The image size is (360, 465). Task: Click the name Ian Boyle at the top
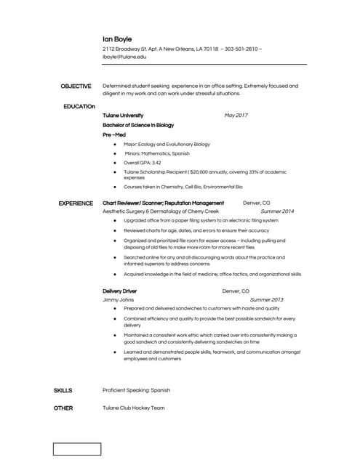[x=117, y=38]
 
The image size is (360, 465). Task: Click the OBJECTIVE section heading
[x=76, y=86]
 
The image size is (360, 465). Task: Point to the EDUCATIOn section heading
[x=79, y=106]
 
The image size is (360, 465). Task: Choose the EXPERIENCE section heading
[x=76, y=203]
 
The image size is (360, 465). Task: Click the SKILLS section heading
[x=63, y=390]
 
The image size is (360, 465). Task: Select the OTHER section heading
[x=63, y=408]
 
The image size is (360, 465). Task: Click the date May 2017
[x=236, y=116]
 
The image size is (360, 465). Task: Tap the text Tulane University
[x=123, y=116]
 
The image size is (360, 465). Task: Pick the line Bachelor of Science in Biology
[x=138, y=125]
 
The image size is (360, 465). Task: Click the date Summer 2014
[x=277, y=211]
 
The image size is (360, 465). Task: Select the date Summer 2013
[x=266, y=299]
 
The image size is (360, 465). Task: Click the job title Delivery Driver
[x=120, y=291]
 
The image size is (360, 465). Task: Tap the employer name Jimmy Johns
[x=119, y=299]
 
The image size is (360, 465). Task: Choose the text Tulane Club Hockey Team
[x=134, y=408]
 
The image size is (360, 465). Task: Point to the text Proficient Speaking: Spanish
[x=136, y=390]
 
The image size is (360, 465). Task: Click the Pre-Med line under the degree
[x=114, y=134]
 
